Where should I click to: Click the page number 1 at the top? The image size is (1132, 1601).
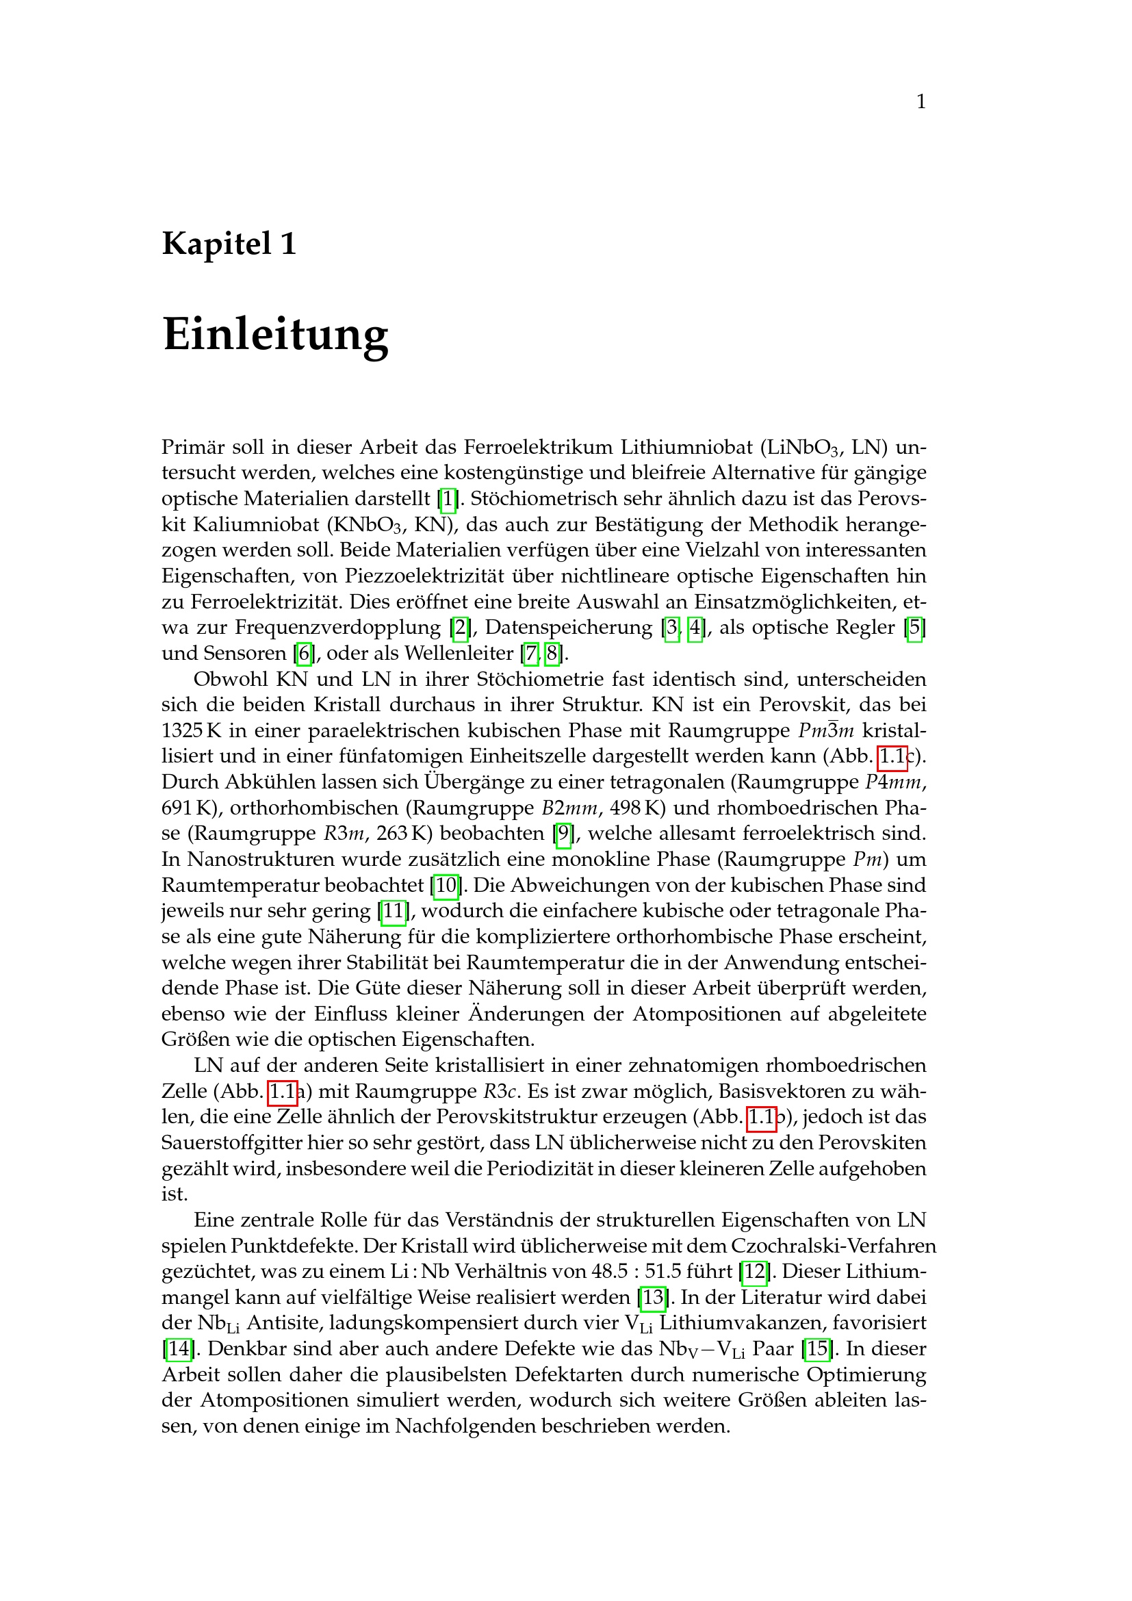point(921,102)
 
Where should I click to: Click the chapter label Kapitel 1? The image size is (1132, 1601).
point(229,244)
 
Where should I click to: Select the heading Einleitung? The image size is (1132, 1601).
point(275,334)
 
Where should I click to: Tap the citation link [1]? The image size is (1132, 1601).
point(448,498)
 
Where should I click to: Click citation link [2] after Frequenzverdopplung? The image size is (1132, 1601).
point(460,628)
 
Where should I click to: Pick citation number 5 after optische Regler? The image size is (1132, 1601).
point(914,628)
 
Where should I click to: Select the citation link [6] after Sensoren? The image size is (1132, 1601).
point(304,654)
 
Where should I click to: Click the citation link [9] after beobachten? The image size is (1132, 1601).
point(563,833)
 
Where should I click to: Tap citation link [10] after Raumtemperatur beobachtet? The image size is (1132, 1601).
point(446,885)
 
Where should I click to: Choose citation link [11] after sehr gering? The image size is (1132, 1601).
point(394,910)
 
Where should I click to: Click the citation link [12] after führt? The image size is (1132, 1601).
point(755,1271)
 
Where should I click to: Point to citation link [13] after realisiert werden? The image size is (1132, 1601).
point(653,1297)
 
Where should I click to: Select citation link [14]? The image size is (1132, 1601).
point(179,1348)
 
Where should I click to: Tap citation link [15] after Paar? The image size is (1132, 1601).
point(818,1348)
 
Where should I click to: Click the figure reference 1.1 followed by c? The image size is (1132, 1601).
point(892,756)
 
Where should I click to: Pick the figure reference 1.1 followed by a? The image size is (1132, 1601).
point(282,1091)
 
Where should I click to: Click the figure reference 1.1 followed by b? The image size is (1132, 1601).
point(761,1117)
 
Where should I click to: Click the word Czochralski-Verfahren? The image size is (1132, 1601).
point(834,1245)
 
